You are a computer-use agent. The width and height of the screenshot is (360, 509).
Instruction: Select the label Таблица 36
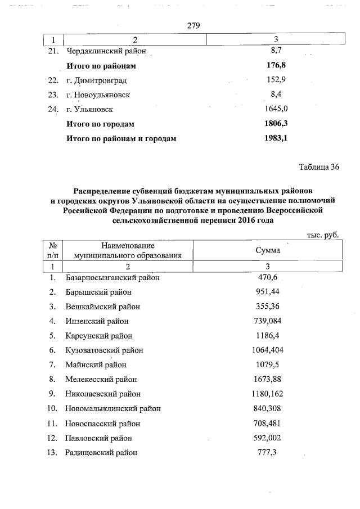[x=319, y=167]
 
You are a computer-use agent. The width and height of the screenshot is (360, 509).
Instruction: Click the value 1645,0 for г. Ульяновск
[x=276, y=109]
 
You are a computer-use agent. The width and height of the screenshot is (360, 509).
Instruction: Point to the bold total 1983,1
[x=276, y=138]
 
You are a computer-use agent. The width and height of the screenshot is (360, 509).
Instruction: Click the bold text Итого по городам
[x=101, y=124]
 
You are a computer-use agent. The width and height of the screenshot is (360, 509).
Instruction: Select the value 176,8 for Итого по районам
[x=276, y=66]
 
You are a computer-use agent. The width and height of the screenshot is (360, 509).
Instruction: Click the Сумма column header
[x=268, y=250]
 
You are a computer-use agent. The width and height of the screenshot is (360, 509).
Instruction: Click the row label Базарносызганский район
[x=112, y=277]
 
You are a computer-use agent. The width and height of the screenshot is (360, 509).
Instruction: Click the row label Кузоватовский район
[x=104, y=350]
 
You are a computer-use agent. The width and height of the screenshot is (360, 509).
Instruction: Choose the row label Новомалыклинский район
[x=113, y=409]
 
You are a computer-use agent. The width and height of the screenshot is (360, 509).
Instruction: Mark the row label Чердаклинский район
[x=106, y=51]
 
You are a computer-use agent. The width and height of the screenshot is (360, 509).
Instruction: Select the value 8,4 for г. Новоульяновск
[x=276, y=94]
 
